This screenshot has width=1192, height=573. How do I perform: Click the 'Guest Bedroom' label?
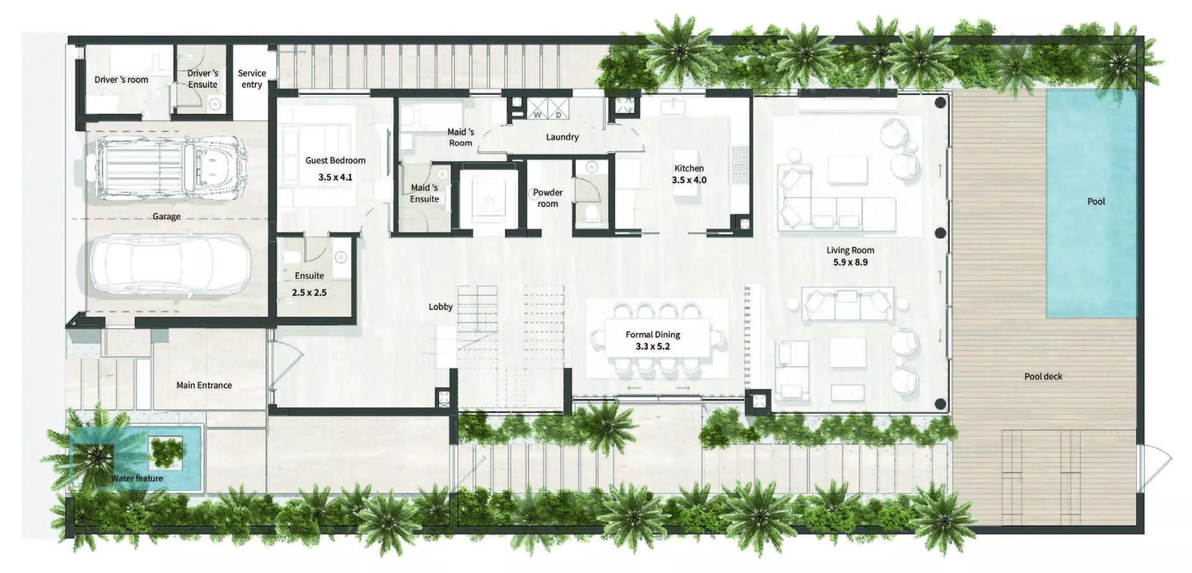(x=335, y=160)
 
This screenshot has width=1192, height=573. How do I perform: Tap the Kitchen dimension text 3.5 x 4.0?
(x=689, y=180)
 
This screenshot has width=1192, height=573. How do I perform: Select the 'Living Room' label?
(x=850, y=250)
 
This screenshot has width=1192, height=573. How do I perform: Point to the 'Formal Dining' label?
(x=652, y=334)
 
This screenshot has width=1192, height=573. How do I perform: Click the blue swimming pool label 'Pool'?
(x=1096, y=201)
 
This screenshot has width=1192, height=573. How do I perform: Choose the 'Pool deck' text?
(x=1043, y=376)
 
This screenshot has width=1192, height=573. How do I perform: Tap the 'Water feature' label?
(x=137, y=478)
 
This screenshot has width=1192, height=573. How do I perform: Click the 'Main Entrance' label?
(x=204, y=385)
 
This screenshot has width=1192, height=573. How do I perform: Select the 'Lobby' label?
(x=440, y=307)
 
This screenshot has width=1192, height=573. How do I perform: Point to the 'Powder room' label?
(x=548, y=198)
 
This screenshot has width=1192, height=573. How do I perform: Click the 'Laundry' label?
(x=562, y=137)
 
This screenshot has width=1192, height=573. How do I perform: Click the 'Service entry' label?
(x=251, y=79)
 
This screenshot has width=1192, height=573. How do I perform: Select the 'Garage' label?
(x=166, y=216)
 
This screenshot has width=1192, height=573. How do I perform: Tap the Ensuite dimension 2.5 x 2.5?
(x=309, y=293)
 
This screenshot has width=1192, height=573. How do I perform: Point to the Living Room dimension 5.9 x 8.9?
(x=850, y=262)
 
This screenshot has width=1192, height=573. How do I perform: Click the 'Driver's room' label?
(x=121, y=80)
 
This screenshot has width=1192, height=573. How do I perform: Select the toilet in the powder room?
(x=590, y=214)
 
